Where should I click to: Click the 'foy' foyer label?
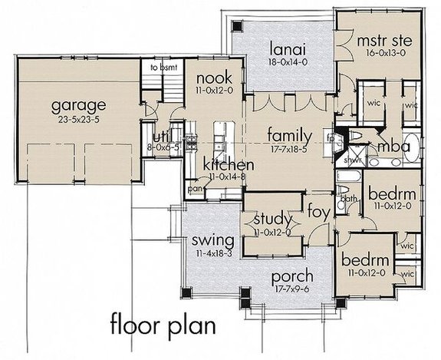(318, 210)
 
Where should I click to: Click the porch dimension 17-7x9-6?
(289, 290)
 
